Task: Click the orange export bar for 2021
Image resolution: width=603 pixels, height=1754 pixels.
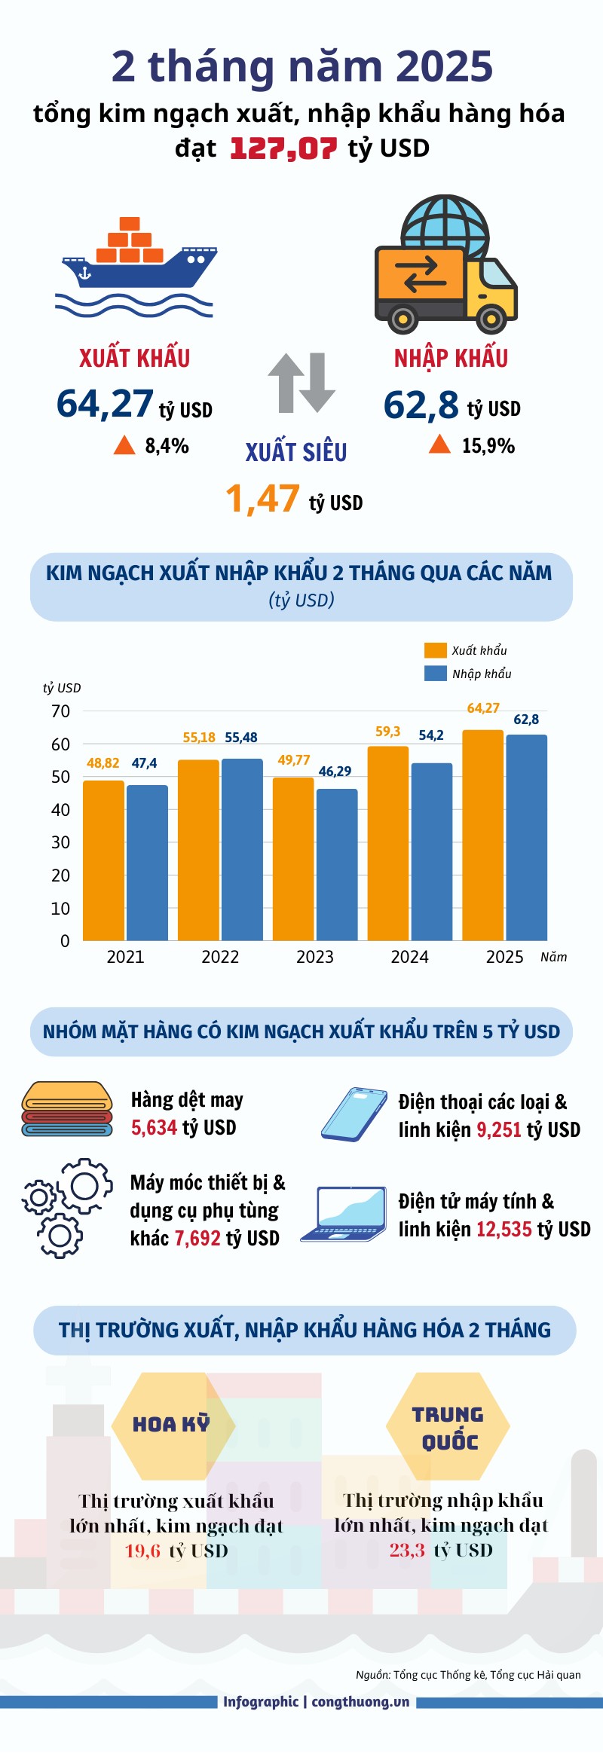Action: [x=103, y=860]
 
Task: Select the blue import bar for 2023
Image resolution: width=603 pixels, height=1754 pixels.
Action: [x=337, y=864]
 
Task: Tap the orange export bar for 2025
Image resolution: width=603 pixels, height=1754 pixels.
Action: [x=482, y=835]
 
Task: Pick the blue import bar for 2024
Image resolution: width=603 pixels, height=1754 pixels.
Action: [x=432, y=851]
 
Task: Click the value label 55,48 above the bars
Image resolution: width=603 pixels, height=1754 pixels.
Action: [x=241, y=738]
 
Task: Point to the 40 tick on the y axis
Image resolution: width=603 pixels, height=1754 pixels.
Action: [x=60, y=810]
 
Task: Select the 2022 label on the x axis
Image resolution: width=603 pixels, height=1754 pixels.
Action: [x=220, y=957]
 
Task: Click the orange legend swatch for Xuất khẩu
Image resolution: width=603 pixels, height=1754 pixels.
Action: [x=436, y=650]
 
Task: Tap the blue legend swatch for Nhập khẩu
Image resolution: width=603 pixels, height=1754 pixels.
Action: [x=436, y=674]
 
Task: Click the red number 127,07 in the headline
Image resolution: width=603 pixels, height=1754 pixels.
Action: [x=283, y=148]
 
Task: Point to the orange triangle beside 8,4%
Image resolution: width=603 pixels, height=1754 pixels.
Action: [x=124, y=445]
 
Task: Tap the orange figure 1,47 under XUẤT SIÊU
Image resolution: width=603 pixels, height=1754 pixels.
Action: [x=263, y=499]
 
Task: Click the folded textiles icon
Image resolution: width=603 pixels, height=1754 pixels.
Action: [x=67, y=1108]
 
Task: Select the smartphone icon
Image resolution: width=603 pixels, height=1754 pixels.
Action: [x=354, y=1114]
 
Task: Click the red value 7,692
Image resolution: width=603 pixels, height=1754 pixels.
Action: [x=197, y=1238]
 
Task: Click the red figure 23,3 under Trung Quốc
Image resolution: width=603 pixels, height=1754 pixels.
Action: [x=407, y=1550]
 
